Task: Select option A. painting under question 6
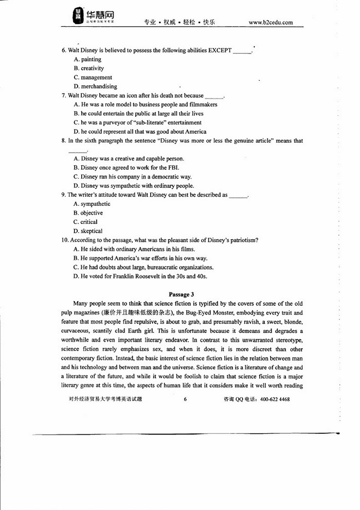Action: (87, 59)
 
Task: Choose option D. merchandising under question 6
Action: (95, 86)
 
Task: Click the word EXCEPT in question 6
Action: (220, 50)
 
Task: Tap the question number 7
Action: (63, 96)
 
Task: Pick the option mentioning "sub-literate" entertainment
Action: (137, 122)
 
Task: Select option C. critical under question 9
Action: (85, 222)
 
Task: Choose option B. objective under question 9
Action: (88, 213)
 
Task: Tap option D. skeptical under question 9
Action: (88, 231)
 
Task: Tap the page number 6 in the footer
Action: (185, 399)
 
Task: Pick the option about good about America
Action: (140, 132)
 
